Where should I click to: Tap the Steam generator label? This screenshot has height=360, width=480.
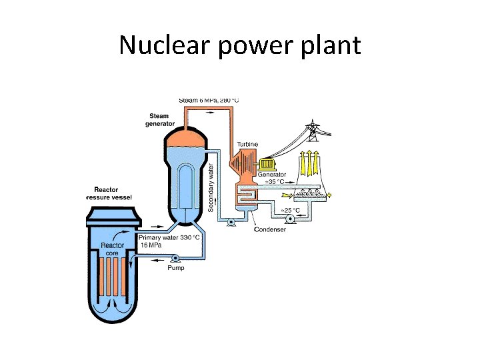(160, 119)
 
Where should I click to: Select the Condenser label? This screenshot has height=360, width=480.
(271, 230)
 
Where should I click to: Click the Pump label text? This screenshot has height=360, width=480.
(176, 268)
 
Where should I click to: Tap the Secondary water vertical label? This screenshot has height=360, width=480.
(211, 187)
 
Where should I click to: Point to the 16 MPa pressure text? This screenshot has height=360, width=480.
(151, 245)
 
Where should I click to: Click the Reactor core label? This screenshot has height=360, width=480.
(113, 249)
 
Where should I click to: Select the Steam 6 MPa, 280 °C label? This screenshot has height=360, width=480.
(209, 100)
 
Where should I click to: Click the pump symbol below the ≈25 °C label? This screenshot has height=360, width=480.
(290, 219)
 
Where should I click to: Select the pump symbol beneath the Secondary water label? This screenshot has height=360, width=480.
(231, 223)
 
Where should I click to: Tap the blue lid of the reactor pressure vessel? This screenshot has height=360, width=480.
(111, 215)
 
